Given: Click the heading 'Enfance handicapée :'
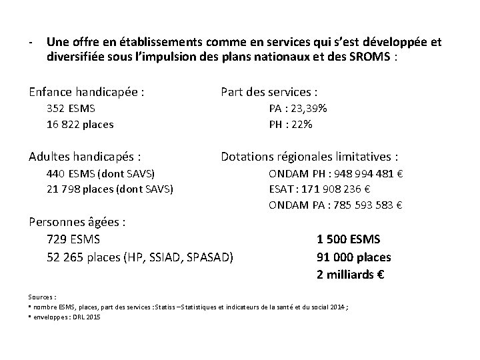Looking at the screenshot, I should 87,91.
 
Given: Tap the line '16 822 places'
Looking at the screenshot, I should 80,124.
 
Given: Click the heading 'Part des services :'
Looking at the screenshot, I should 269,91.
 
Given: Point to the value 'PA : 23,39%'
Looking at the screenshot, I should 298,108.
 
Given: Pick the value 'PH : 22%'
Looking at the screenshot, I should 291,124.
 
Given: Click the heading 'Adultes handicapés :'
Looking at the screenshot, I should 85,157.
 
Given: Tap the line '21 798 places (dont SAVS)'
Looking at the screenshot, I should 110,189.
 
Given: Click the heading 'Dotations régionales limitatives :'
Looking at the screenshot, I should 310,157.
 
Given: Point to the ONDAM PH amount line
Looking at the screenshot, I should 335,173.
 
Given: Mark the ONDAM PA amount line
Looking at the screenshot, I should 335,205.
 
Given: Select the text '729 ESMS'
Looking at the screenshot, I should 74,239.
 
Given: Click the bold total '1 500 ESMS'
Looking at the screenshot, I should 349,239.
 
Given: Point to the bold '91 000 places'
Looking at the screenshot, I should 353,257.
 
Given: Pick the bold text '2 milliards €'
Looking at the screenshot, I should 351,274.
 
